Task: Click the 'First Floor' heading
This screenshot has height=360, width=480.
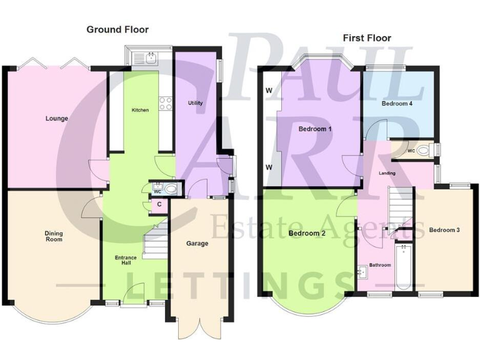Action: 367,38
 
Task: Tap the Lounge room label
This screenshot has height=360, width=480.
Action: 56,118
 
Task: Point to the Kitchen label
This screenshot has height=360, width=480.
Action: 139,110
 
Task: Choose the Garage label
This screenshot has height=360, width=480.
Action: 197,243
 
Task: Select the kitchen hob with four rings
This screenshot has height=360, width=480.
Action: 166,103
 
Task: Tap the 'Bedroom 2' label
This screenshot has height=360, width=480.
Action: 306,234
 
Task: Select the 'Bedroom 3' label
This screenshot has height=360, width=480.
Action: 444,230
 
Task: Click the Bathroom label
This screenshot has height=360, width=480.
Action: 379,265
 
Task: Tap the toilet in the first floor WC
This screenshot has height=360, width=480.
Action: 426,150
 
